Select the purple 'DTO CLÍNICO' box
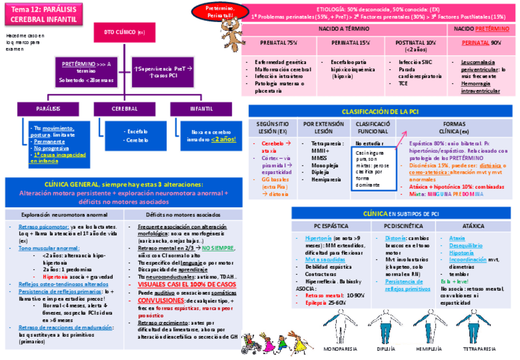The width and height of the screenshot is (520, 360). coord(124,32)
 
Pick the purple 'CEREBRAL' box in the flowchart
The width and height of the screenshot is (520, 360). coord(124,108)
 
